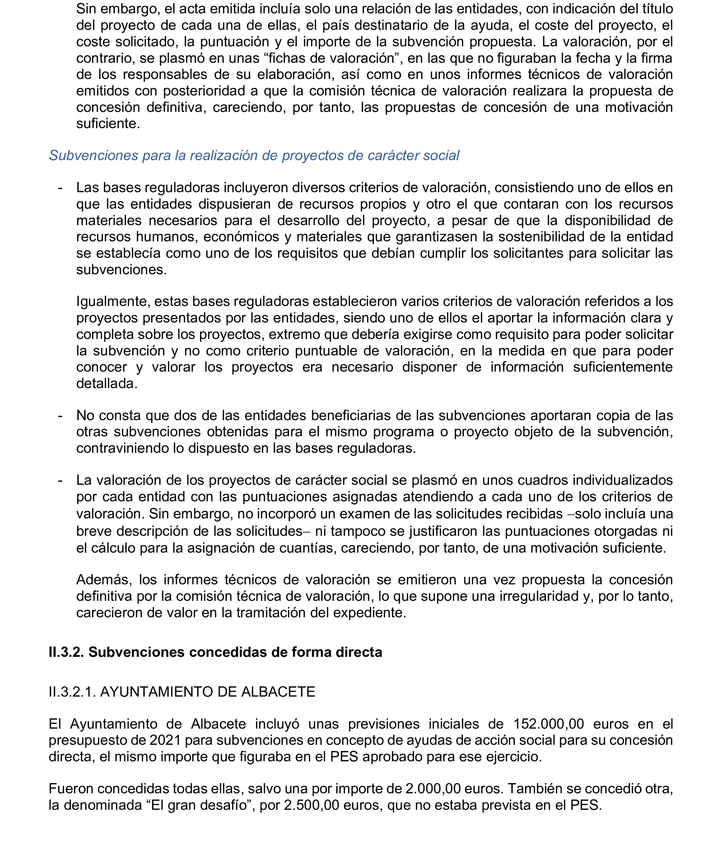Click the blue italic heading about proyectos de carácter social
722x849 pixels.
coord(254,155)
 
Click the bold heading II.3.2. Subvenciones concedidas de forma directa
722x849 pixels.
coord(215,652)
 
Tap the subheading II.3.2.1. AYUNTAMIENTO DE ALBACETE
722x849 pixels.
coord(182,692)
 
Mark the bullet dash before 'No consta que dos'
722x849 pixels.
coord(60,416)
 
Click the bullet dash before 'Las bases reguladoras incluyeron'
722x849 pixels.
coord(60,188)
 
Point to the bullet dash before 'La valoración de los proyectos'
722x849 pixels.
coord(60,480)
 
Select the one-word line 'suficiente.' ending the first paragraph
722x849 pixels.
coord(108,124)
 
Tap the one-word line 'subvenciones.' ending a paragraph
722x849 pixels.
coord(122,270)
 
